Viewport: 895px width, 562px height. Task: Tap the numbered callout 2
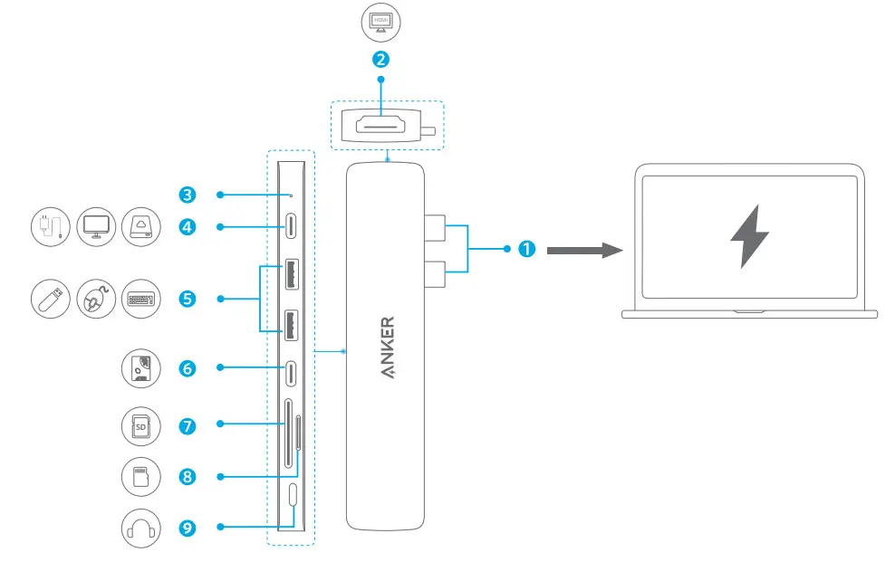coord(380,61)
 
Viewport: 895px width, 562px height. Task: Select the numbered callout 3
coord(188,195)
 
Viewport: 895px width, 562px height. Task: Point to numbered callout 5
coord(188,298)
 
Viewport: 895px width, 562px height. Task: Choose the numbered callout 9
coord(188,526)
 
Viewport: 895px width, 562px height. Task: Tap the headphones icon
coord(140,527)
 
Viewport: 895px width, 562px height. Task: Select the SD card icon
coord(140,424)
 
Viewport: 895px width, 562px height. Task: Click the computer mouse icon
coord(95,299)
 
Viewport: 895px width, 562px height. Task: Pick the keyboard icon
coord(139,299)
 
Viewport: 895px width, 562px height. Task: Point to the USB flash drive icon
coord(51,299)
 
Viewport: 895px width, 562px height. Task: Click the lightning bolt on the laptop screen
coord(749,235)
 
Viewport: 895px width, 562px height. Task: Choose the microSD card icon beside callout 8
coord(140,476)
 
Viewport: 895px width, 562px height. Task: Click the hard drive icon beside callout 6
coord(140,368)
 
